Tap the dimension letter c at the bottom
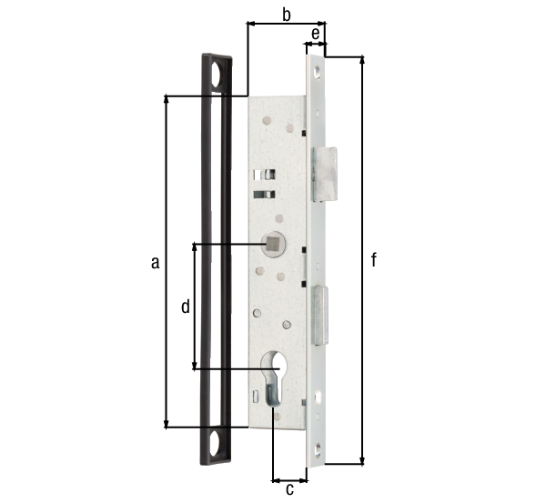[x=290, y=490]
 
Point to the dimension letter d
[x=185, y=307]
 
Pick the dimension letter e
[x=316, y=34]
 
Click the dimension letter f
[x=374, y=260]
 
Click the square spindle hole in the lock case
[x=271, y=244]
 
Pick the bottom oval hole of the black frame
[x=216, y=445]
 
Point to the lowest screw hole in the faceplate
[x=318, y=447]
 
